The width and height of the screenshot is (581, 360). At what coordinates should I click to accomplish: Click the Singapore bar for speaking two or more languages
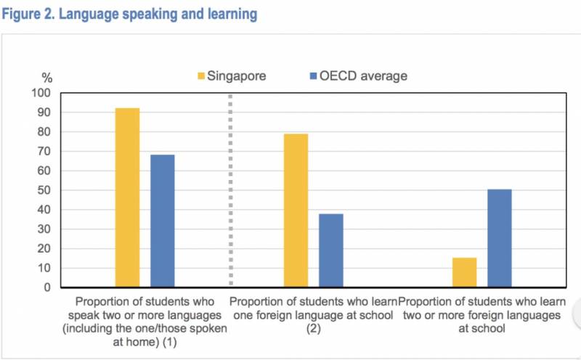pyautogui.click(x=127, y=197)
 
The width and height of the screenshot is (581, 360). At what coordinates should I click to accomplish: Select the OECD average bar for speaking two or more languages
pyautogui.click(x=162, y=221)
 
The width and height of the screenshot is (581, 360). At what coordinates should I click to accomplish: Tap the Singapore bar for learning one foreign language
pyautogui.click(x=296, y=210)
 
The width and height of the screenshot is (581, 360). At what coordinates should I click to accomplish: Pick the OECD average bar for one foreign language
pyautogui.click(x=330, y=250)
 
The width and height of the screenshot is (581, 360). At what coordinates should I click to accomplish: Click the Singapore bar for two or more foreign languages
pyautogui.click(x=464, y=272)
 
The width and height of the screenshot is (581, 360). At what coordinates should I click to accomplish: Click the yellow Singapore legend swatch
pyautogui.click(x=201, y=76)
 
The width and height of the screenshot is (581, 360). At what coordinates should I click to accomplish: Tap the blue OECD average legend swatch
pyautogui.click(x=312, y=76)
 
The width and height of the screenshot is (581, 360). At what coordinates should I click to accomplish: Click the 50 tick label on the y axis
pyautogui.click(x=47, y=191)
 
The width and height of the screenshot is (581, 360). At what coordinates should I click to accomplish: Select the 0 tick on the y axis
pyautogui.click(x=50, y=287)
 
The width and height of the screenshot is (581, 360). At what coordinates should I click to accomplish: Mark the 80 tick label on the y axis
pyautogui.click(x=47, y=133)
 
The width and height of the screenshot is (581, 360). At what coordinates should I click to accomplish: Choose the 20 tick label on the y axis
pyautogui.click(x=47, y=249)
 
